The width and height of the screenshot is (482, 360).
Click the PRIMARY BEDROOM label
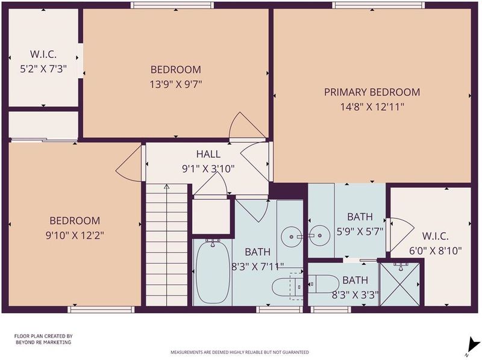[372, 92]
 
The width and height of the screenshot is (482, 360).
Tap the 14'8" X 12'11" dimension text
[372, 107]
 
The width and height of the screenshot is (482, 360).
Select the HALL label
[208, 154]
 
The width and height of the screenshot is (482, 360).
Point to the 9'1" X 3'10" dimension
[208, 169]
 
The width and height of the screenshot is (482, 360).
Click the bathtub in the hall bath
[213, 272]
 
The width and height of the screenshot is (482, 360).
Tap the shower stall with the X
[400, 284]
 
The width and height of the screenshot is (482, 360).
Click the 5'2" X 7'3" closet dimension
[43, 69]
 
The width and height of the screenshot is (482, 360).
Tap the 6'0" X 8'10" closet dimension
[435, 251]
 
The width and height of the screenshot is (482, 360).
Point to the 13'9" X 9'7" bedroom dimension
[175, 84]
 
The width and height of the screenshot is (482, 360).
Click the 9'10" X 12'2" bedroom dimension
[75, 235]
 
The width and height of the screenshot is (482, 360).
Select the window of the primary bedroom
[378, 5]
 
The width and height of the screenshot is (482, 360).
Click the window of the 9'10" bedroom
[101, 309]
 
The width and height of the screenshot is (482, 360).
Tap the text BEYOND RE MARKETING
[43, 342]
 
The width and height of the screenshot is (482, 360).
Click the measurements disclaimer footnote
[240, 352]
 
